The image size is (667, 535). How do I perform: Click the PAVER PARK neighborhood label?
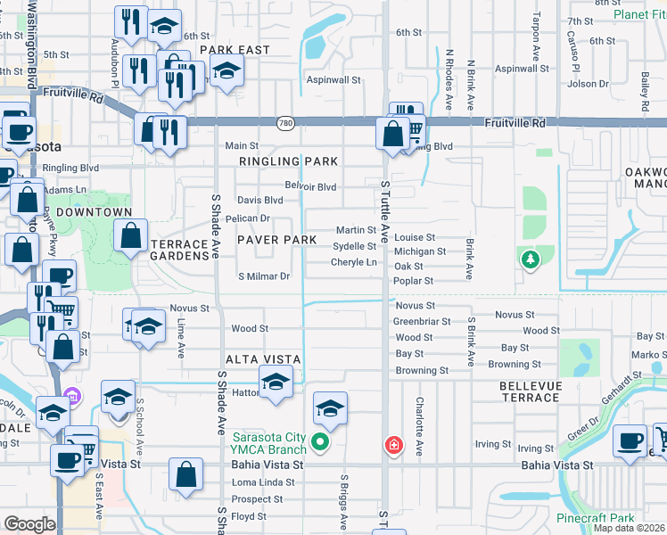point(276,241)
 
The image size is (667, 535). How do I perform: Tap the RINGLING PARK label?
point(288,161)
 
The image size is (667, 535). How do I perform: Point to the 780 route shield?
point(285,122)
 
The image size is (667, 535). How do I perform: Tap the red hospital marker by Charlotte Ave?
point(391,444)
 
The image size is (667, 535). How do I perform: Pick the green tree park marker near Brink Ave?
point(531,259)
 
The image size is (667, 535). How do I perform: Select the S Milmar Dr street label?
point(264,276)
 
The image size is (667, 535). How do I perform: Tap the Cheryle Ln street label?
point(353,262)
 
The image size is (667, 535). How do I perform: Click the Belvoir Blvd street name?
point(310,186)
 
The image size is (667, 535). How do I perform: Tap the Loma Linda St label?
point(257,482)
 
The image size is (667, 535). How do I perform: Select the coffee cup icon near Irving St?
point(631,440)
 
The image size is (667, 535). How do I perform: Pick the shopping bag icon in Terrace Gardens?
point(131,237)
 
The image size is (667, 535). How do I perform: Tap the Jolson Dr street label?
point(588,84)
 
